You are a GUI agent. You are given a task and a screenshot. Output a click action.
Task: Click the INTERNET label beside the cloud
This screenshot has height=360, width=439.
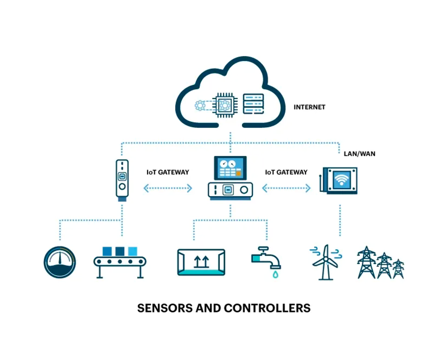click(309, 107)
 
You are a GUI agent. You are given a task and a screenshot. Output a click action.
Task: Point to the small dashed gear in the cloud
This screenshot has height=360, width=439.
click(200, 105)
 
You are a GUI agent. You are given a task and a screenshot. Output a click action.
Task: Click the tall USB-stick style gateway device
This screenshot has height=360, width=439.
click(122, 180)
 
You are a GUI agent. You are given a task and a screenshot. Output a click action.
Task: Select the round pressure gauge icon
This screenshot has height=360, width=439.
click(60, 262)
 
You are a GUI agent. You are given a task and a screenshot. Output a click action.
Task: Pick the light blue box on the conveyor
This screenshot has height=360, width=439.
click(133, 251)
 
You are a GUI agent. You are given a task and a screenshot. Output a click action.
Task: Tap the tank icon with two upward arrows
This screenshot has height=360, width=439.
click(201, 262)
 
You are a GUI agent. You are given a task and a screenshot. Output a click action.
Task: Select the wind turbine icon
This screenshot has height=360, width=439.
click(325, 262)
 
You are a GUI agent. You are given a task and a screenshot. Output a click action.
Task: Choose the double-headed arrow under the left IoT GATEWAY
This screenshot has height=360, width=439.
click(168, 188)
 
